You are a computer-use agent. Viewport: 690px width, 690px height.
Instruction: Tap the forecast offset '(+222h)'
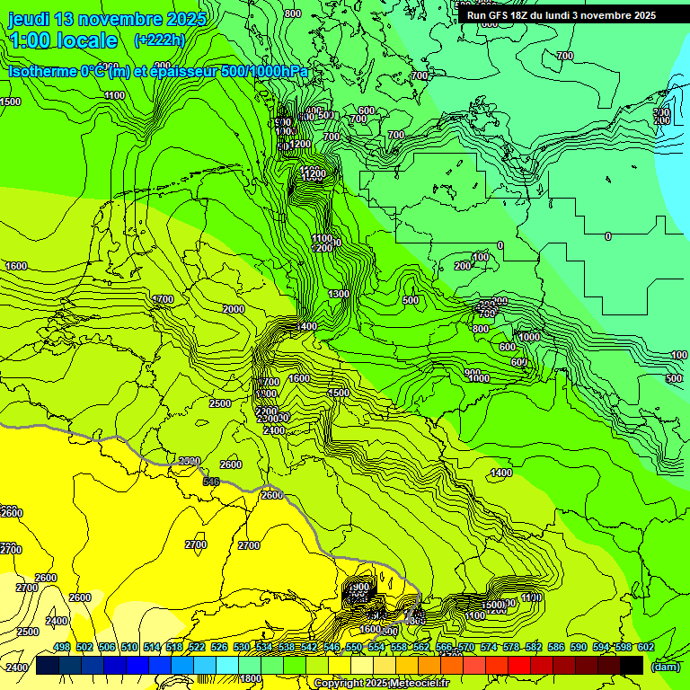coord(159,40)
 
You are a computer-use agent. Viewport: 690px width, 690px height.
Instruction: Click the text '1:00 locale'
coord(63,40)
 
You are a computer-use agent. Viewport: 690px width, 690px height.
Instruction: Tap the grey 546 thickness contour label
coord(211,482)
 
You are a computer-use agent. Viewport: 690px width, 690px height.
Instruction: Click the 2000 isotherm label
coord(234,309)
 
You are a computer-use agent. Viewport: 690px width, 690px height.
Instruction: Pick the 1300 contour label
coord(339,295)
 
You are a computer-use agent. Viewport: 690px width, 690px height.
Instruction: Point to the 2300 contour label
coord(190,461)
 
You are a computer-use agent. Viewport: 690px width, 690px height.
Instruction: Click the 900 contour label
coord(473,372)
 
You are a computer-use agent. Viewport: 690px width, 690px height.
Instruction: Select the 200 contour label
coord(463,266)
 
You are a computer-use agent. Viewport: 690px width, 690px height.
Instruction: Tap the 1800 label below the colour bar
coord(251,678)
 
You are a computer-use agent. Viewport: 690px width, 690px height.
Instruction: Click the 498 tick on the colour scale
coord(62,647)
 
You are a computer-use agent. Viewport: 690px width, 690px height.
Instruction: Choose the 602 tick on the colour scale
coord(645,647)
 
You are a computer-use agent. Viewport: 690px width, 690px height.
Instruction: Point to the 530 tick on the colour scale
coord(242,647)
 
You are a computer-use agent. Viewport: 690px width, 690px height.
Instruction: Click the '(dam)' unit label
coord(665,667)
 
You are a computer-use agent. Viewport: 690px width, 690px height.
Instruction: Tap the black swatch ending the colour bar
coord(632,665)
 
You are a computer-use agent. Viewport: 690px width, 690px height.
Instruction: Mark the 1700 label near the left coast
coord(163,299)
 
